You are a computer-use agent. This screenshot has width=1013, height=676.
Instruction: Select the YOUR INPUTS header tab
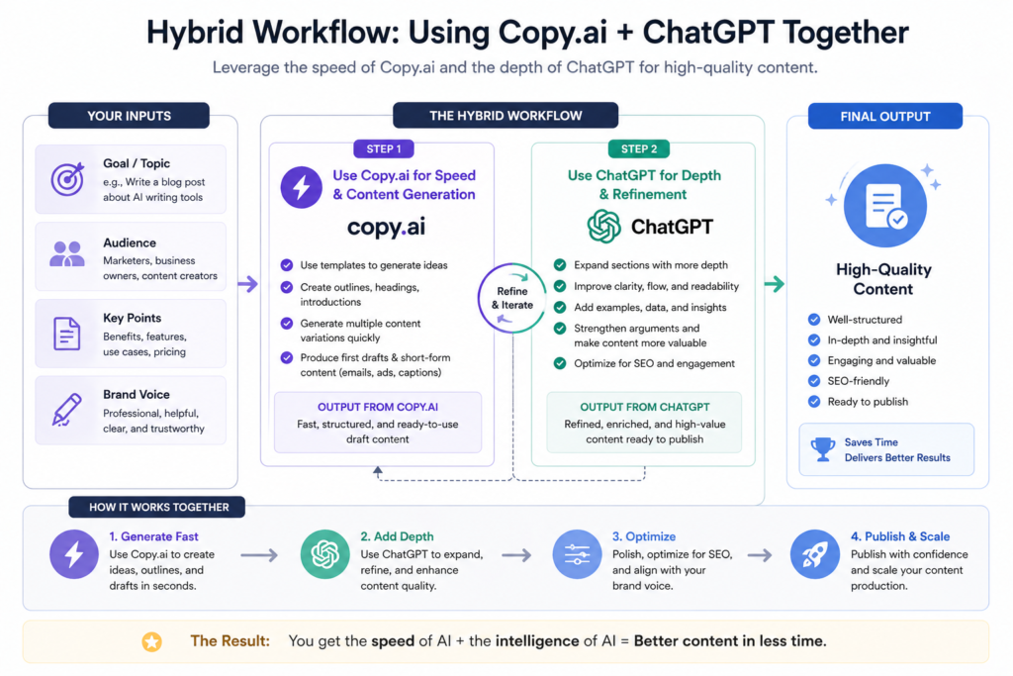coord(129,116)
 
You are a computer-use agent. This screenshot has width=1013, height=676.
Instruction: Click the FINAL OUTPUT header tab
coord(884,116)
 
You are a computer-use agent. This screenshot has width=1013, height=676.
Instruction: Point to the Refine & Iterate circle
coord(512,298)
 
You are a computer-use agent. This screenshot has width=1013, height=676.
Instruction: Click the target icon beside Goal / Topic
coord(67,179)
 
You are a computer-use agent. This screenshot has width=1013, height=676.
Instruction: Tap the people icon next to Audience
coord(67,255)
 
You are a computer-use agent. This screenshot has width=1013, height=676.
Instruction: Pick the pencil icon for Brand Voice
coord(67,409)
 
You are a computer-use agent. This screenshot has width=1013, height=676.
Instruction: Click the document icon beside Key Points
coord(67,333)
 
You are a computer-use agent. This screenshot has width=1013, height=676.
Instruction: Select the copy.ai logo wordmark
coord(387,228)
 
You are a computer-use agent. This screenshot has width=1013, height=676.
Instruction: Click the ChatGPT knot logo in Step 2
coord(603,228)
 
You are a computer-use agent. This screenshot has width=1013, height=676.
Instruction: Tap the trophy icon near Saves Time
coord(823,449)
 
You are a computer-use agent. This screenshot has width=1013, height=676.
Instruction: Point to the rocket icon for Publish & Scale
coord(815,555)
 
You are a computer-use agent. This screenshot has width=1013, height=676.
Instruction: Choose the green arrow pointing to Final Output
coord(775,285)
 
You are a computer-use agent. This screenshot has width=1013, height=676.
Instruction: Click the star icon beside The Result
coord(151,641)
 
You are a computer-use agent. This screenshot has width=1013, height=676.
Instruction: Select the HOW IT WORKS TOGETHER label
coord(158,507)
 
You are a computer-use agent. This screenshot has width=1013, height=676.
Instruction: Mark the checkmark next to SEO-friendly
coord(814,381)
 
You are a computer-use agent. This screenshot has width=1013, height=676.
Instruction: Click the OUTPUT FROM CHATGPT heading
coord(644,407)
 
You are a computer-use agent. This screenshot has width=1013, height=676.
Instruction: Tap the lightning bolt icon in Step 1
coord(302,186)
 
